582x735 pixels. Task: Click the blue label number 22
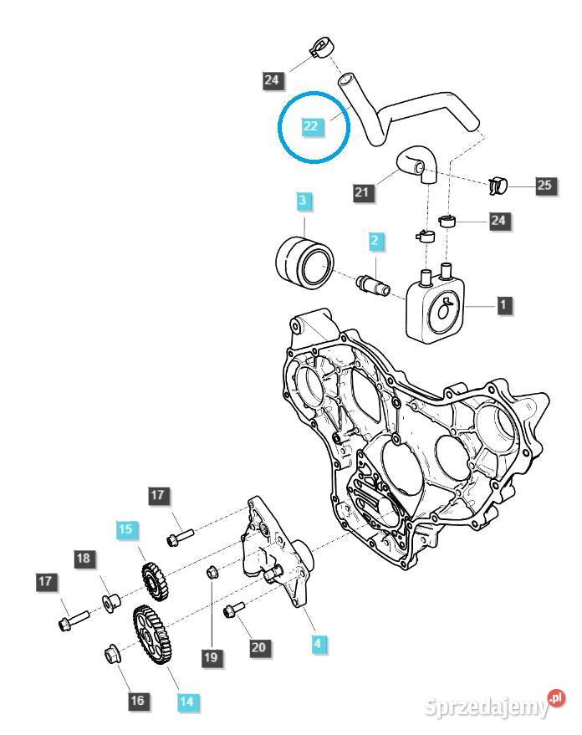(x=311, y=126)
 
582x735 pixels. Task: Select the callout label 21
(x=361, y=192)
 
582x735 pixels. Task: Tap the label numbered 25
(x=544, y=186)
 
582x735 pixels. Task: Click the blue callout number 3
(x=303, y=201)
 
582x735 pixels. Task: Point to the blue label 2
(x=375, y=241)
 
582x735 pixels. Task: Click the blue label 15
(x=125, y=528)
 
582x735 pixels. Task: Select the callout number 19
(x=212, y=659)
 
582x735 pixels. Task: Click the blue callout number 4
(x=318, y=644)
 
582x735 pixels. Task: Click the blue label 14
(x=188, y=702)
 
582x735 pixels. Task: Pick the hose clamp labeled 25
(x=498, y=183)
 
